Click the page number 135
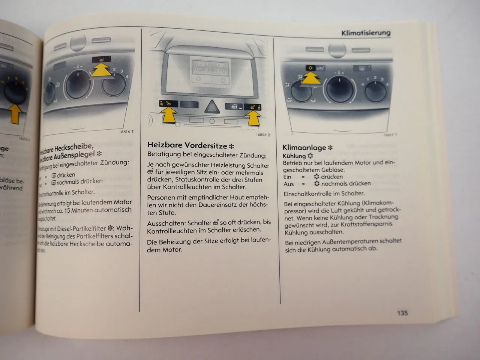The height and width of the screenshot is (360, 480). (402, 313)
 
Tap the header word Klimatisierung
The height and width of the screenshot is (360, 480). (366, 33)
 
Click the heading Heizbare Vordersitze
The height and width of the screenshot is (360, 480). (187, 145)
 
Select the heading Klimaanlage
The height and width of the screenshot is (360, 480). (304, 148)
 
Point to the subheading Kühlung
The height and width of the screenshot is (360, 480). (294, 156)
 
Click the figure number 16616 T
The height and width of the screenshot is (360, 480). (126, 132)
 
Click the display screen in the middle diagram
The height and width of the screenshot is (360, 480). (210, 70)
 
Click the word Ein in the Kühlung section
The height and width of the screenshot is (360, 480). (287, 177)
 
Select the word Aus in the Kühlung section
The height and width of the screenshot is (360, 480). (288, 184)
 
